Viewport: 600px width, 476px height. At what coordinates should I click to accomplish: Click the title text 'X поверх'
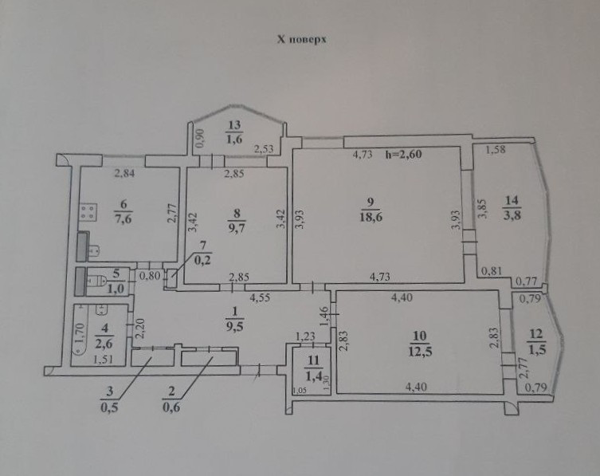[x=301, y=39]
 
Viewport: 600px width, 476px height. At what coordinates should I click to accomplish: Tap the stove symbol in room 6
[x=88, y=212]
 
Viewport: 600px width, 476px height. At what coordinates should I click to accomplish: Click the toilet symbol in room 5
[x=96, y=281]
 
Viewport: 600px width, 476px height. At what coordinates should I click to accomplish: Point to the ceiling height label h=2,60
[x=403, y=155]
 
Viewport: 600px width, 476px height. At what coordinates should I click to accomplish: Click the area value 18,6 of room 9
[x=371, y=217]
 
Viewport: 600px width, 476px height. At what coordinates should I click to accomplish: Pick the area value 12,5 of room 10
[x=420, y=351]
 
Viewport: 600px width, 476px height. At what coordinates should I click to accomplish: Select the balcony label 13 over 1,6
[x=234, y=132]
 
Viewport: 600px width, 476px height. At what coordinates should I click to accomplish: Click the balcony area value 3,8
[x=512, y=214]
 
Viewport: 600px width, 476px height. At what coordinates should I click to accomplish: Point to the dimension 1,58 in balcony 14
[x=495, y=149]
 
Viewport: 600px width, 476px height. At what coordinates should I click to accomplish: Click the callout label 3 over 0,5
[x=109, y=399]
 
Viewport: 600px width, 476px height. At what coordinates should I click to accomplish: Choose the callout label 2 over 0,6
[x=171, y=399]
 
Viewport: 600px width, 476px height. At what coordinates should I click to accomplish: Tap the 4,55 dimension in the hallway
[x=260, y=297]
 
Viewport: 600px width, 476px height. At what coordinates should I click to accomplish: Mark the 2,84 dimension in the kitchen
[x=125, y=174]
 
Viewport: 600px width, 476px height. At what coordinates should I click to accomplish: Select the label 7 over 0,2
[x=203, y=254]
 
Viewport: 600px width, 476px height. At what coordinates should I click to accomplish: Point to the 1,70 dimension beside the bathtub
[x=79, y=332]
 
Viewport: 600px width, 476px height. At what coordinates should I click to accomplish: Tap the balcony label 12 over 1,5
[x=536, y=341]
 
